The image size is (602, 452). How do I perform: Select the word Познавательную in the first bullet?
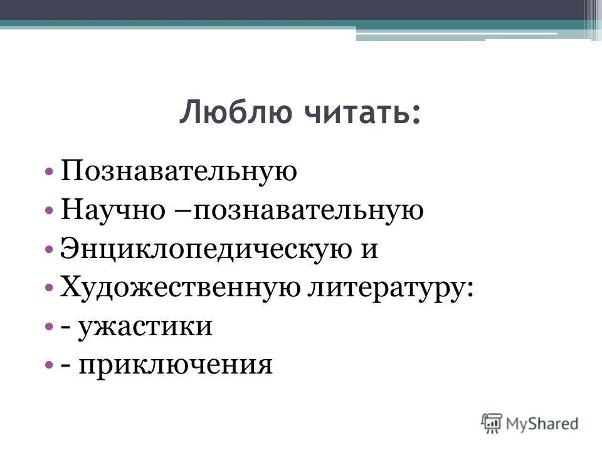coord(178,171)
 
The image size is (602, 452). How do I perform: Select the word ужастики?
coord(145,327)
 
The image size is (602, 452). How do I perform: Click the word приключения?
coord(176,365)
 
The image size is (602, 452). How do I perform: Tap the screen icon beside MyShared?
coord(492,422)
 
